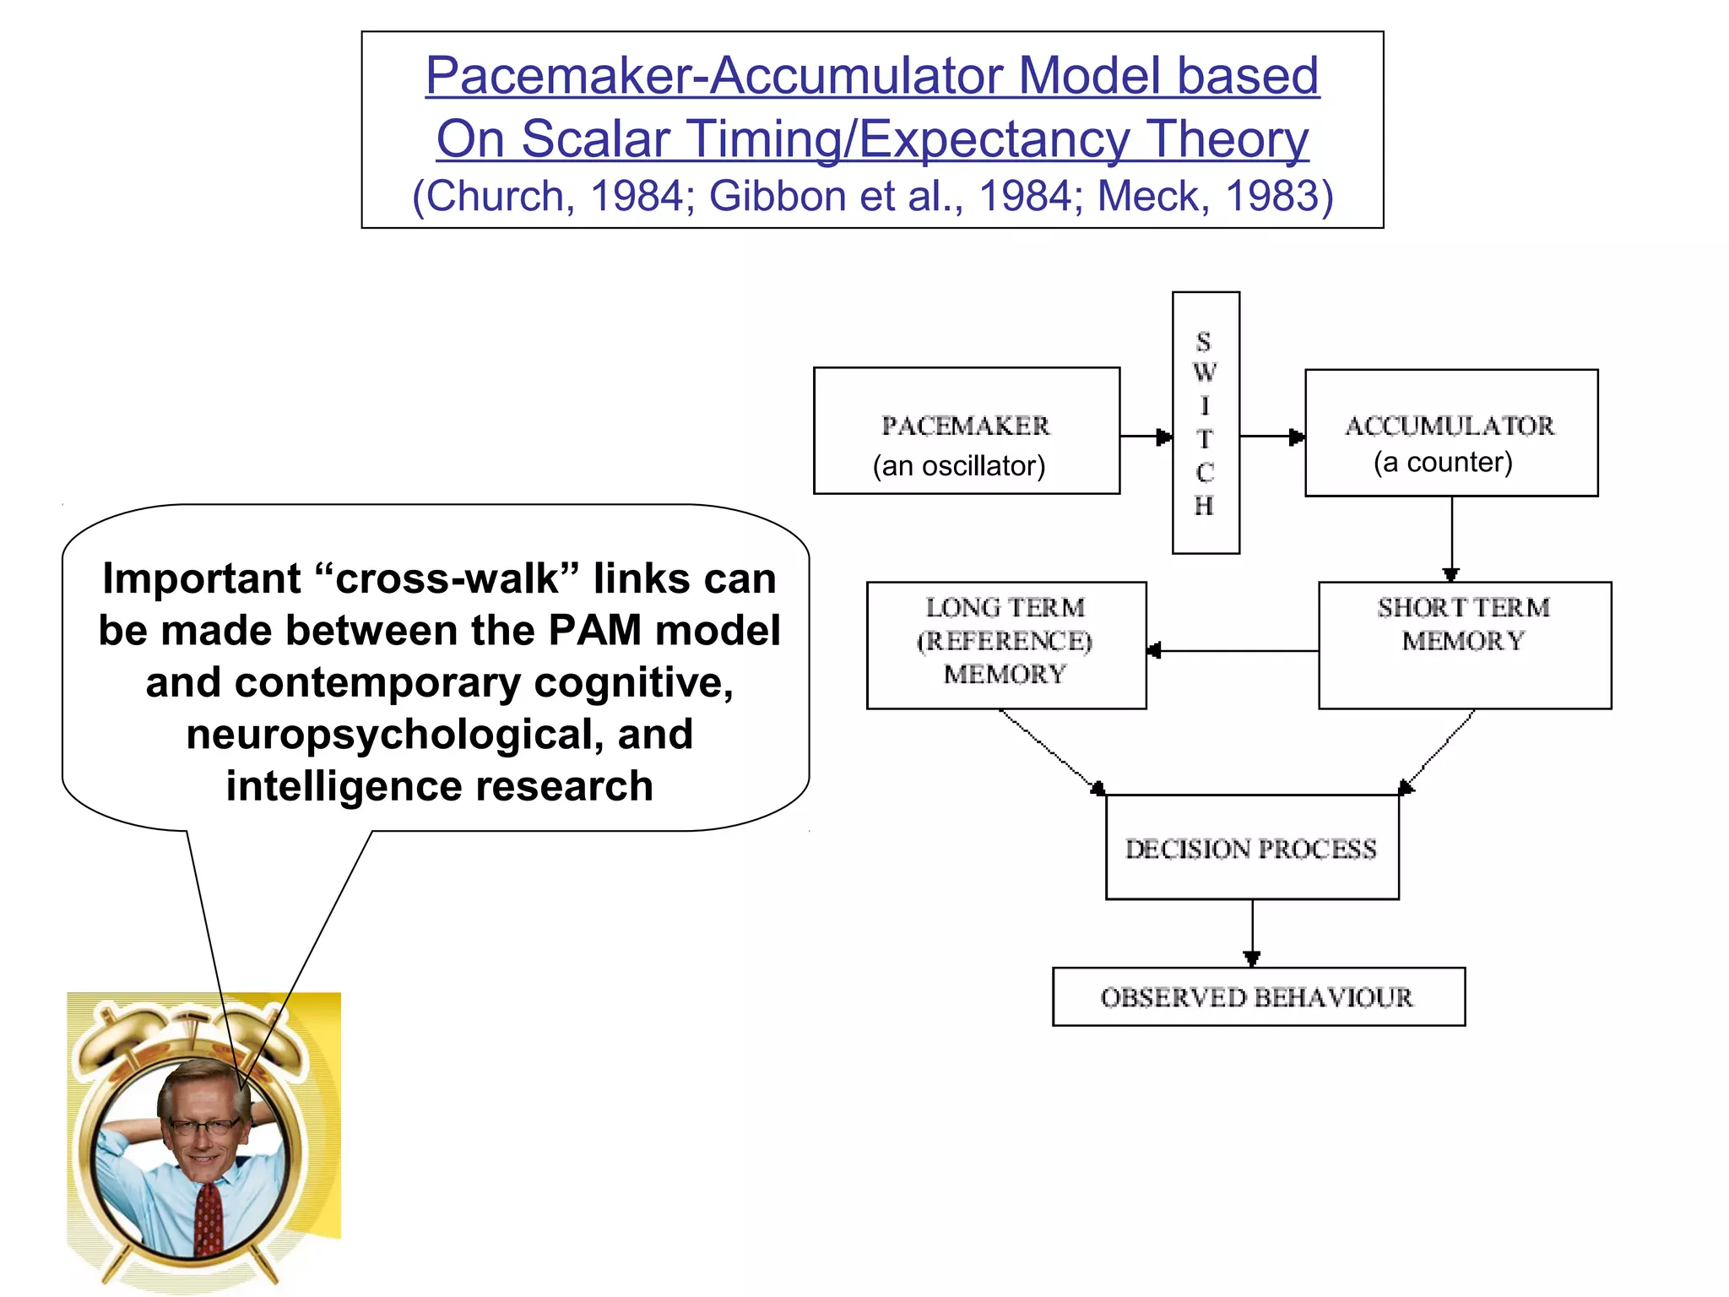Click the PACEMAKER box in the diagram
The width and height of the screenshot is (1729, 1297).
pos(966,431)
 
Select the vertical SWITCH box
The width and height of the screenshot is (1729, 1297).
pos(1206,422)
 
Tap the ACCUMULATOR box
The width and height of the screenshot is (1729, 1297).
pos(1450,432)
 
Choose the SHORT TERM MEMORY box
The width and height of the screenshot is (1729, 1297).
pos(1464,645)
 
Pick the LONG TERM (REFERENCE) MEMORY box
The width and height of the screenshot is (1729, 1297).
pos(1005,645)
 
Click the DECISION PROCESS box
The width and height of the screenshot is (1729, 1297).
pos(1251,848)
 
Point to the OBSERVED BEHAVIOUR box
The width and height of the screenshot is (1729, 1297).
pos(1258,997)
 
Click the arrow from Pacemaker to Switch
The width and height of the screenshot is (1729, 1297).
pos(1146,437)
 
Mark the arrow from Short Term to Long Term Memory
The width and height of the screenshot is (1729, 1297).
pos(1233,651)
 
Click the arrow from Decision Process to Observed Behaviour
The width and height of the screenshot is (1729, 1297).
pos(1252,933)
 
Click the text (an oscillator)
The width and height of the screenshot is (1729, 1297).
pos(959,466)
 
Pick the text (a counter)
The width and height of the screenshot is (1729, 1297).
pos(1443,463)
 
